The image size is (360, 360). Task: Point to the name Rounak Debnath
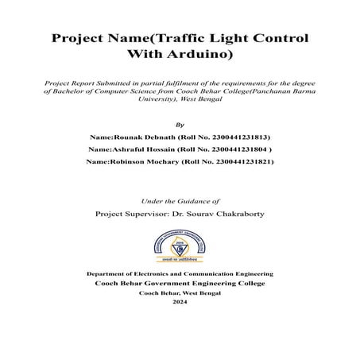click(x=141, y=137)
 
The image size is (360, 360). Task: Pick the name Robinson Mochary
click(x=144, y=161)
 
